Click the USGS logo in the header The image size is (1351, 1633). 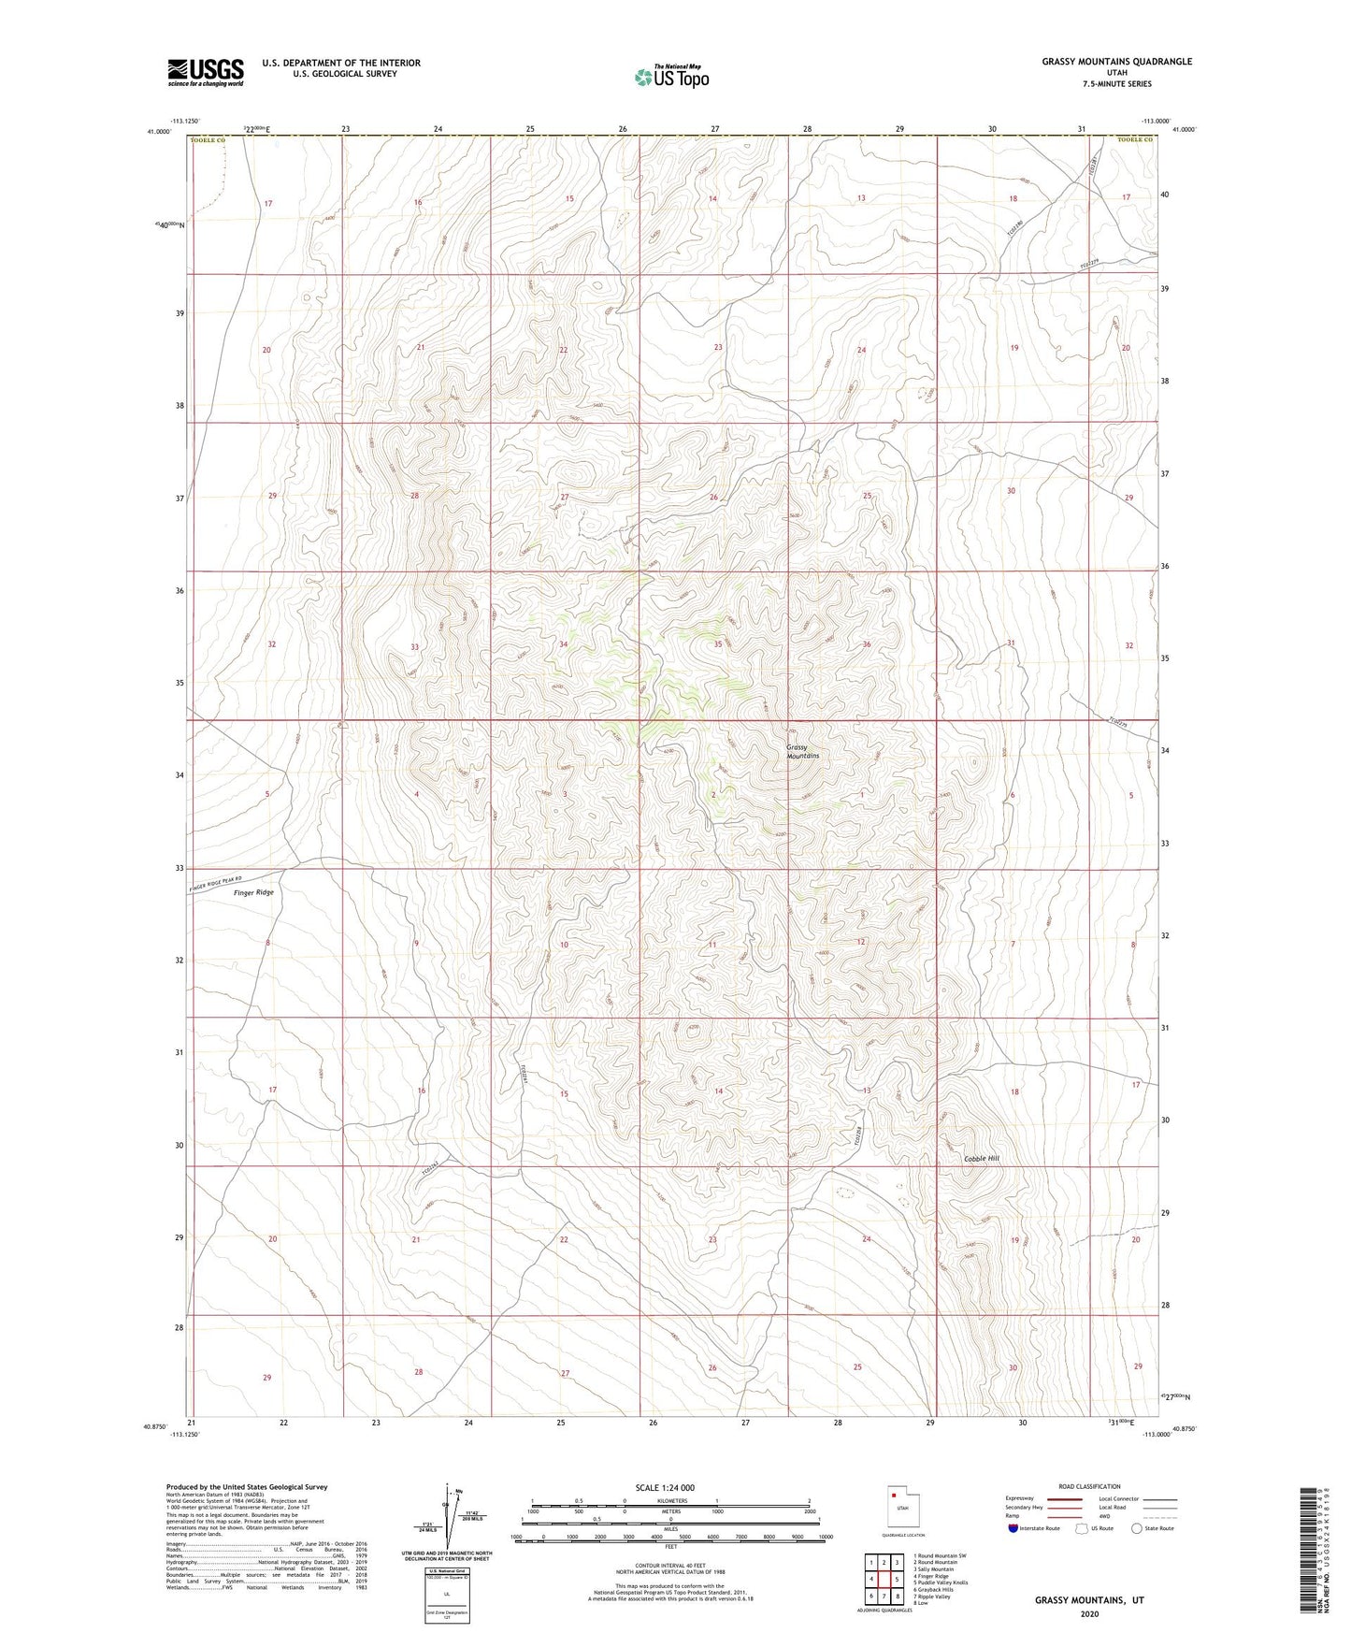206,72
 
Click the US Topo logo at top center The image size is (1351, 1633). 670,77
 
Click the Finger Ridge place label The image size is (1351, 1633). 253,892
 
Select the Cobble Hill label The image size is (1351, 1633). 982,1159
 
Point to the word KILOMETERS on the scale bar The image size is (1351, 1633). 668,1501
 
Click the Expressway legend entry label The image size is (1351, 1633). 1021,1498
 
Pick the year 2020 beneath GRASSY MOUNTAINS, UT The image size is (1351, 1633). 1089,1614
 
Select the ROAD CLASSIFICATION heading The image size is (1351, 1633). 1089,1486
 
